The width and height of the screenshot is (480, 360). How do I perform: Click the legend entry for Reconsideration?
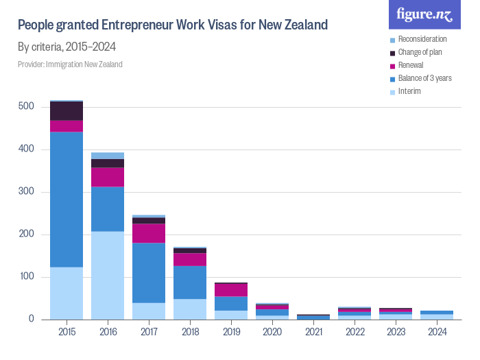coord(422,39)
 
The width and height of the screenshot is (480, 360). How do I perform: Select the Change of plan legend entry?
coord(421,52)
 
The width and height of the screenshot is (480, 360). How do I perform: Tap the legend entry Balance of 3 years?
coord(424,78)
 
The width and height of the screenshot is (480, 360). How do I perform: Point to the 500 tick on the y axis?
coord(26,107)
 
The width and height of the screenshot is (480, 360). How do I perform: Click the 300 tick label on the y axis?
coord(26,192)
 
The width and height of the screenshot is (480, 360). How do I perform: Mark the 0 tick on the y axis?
coord(31,320)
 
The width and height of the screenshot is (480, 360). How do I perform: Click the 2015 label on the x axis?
coord(67,333)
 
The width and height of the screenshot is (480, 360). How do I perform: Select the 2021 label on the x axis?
coord(313,333)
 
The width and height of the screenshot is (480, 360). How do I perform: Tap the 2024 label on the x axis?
coord(437,333)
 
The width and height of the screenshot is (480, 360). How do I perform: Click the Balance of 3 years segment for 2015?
coord(67,199)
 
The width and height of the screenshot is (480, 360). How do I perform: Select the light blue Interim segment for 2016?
coord(108,275)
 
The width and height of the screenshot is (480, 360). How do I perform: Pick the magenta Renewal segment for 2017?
coord(149,233)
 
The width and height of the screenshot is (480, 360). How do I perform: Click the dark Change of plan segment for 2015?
coord(67,110)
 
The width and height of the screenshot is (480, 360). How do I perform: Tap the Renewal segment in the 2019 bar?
coord(231,290)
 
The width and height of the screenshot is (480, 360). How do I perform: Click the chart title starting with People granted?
coord(172,26)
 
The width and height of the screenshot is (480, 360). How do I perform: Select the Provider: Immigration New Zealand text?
coord(70,64)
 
